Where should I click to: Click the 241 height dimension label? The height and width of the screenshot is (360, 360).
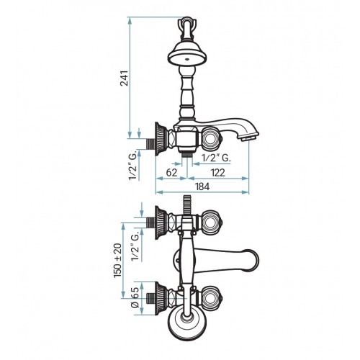pos(125,78)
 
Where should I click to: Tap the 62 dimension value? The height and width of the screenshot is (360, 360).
pos(171,173)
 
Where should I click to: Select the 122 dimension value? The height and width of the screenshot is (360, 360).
pos(218,173)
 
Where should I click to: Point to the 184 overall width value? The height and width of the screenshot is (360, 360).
pos(202,186)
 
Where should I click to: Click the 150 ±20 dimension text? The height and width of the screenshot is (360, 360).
pos(118,261)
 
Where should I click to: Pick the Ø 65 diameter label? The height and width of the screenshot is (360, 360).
pos(135,297)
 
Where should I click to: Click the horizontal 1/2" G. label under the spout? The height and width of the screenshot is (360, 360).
pos(217,158)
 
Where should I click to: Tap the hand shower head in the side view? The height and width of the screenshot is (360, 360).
pos(187,53)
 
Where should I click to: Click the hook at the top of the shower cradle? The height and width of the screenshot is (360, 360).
pos(187,27)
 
